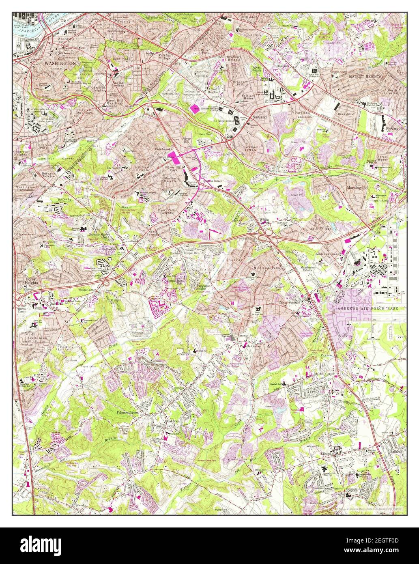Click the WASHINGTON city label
click(60, 64)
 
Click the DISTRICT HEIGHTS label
click(365, 76)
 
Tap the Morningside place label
click(357, 188)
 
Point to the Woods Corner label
click(264, 221)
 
